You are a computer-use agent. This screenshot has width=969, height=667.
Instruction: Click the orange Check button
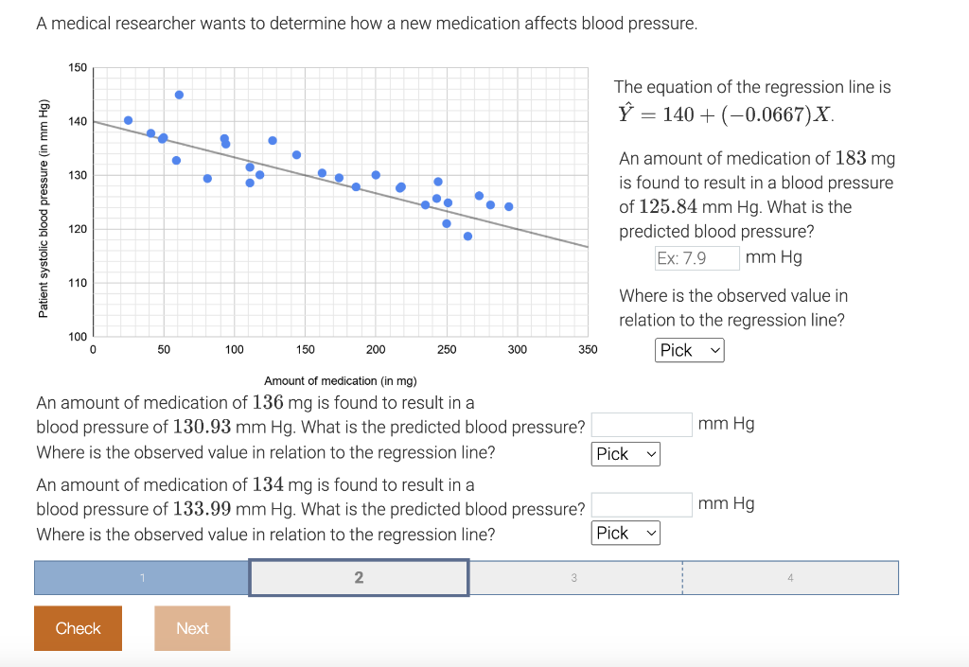pos(78,628)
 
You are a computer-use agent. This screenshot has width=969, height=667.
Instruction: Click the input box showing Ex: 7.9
pos(696,257)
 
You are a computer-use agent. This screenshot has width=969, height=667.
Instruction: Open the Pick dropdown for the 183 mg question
pos(690,350)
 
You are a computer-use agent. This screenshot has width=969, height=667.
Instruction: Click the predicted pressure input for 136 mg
pos(643,424)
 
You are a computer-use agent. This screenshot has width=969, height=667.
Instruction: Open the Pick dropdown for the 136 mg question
pos(625,454)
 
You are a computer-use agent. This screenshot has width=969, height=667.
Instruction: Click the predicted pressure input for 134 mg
pos(643,504)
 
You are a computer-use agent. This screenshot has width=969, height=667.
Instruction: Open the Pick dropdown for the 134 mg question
pos(625,533)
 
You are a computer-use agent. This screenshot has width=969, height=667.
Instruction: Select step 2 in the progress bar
pos(359,578)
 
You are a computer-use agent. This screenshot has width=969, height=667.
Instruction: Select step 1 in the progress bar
pos(142,578)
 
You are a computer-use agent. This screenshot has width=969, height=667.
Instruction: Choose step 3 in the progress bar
pos(574,578)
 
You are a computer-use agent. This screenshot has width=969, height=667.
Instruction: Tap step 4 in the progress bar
pos(789,578)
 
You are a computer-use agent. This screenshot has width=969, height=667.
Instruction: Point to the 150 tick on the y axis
pos(78,68)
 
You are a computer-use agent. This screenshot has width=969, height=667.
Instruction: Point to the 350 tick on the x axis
pos(588,349)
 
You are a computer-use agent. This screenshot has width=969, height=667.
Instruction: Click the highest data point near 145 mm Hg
pos(179,95)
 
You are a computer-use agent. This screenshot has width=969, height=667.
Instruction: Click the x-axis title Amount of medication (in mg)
pos(340,380)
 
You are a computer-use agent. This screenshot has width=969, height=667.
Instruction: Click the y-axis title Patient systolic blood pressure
pos(43,209)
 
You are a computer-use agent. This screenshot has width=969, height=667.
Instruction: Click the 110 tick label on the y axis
pos(78,283)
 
